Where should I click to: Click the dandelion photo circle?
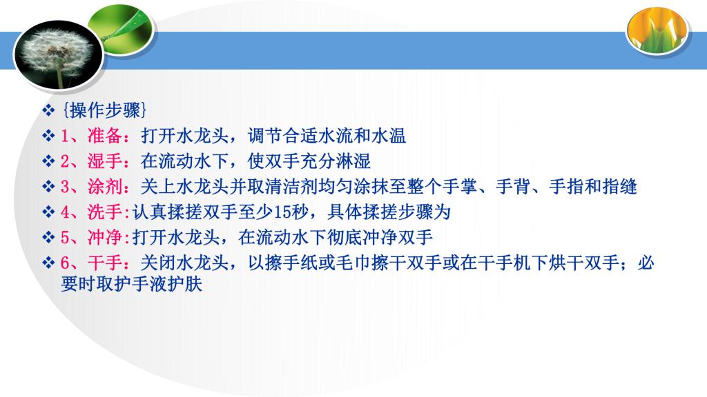pos(58,54)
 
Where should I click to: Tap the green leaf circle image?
pos(120,30)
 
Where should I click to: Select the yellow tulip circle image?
pos(657,30)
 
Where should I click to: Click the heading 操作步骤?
pos(105,110)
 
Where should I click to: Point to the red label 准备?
pos(105,136)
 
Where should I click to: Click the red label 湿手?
pos(105,161)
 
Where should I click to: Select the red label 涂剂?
pos(105,186)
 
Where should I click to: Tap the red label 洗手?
pos(105,212)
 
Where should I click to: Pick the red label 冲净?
pos(105,237)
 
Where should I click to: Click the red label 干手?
pos(105,263)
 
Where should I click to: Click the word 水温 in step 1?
pos(389,136)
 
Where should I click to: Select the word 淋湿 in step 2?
pos(353,161)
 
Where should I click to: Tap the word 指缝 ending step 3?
pos(619,186)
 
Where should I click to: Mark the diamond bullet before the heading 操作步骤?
pos(48,110)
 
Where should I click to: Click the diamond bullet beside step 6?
pos(48,263)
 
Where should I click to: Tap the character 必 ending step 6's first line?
pos(646,263)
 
